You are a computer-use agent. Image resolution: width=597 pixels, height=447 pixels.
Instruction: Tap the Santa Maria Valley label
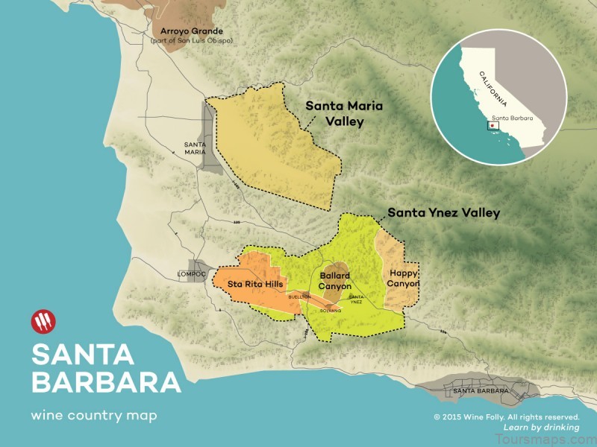click(x=334, y=113)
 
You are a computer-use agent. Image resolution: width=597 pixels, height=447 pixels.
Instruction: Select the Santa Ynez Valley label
click(x=443, y=213)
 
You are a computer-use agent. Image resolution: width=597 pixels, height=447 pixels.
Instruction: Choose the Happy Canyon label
click(x=403, y=279)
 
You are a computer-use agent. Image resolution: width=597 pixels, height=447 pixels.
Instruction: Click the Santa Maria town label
click(x=196, y=148)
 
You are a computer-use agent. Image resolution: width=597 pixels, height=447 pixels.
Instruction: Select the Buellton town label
click(x=299, y=297)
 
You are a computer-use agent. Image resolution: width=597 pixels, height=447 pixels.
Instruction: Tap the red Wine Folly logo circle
click(x=43, y=323)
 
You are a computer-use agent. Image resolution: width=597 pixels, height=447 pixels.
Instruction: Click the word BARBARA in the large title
click(x=105, y=381)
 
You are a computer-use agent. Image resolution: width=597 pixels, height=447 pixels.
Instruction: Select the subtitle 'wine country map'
click(x=94, y=416)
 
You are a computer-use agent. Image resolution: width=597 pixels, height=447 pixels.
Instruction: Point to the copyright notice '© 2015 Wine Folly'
click(x=506, y=416)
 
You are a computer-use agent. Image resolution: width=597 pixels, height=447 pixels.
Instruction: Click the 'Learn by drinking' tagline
click(x=542, y=427)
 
